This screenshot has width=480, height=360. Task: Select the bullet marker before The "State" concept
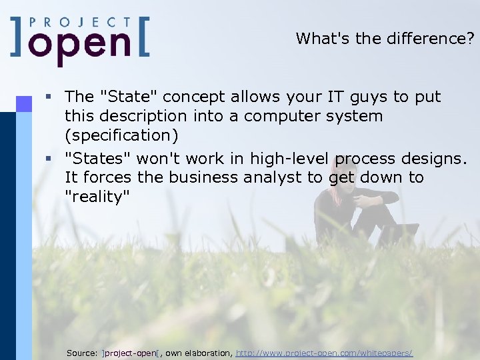(x=48, y=97)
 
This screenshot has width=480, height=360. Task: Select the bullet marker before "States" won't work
(x=48, y=159)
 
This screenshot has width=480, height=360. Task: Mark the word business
(x=202, y=177)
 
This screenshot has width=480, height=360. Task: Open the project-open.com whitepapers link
(x=324, y=352)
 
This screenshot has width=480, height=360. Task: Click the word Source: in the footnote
(x=83, y=352)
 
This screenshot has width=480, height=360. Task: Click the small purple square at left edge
(x=24, y=103)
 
